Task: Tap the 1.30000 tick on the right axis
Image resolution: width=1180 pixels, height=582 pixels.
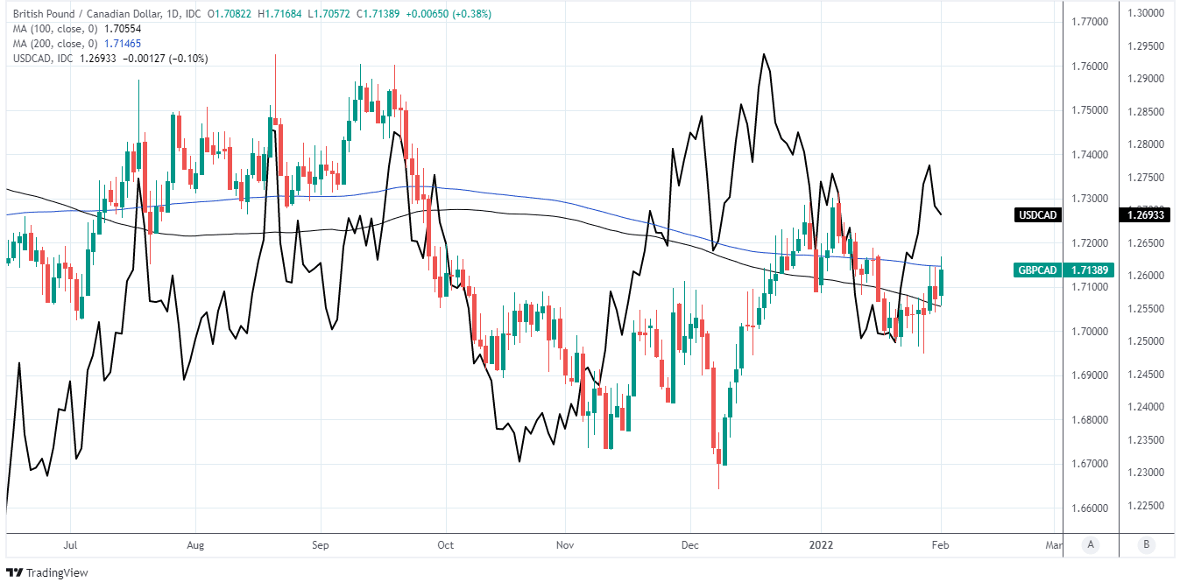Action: tap(1145, 13)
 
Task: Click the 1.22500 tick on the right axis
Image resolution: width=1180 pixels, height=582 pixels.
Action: tap(1145, 507)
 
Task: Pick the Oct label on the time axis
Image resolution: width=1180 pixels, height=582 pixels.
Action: tap(446, 544)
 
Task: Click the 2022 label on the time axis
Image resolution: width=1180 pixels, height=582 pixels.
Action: tap(821, 544)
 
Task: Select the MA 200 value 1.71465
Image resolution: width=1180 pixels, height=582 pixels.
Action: tap(123, 43)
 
